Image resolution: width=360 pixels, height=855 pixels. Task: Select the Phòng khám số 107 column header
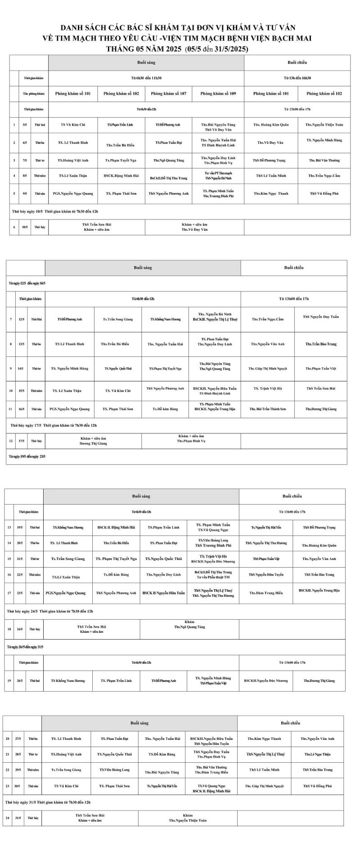(x=169, y=94)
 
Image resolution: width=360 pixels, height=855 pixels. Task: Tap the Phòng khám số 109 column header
(x=218, y=94)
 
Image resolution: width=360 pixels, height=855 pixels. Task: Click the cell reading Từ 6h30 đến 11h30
(x=146, y=78)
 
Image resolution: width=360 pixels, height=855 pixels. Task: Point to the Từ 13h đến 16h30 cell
(x=297, y=78)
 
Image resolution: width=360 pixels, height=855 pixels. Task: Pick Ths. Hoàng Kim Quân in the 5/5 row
(x=271, y=125)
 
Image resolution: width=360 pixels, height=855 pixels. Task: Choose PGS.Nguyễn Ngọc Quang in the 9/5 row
(x=73, y=193)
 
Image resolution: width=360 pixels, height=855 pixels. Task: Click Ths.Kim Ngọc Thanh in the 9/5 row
(x=271, y=193)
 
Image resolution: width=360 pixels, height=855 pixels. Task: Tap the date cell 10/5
(x=25, y=227)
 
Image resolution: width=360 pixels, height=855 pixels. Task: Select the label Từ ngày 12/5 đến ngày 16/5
(x=27, y=283)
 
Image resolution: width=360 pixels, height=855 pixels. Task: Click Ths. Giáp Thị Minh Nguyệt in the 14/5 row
(x=268, y=368)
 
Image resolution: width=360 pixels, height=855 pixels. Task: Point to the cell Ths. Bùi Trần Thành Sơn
(x=268, y=409)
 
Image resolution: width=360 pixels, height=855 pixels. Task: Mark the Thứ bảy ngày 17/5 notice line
(x=54, y=425)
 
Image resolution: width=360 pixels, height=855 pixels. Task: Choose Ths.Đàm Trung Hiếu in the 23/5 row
(x=266, y=593)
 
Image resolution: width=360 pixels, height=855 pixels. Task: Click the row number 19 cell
(x=9, y=680)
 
